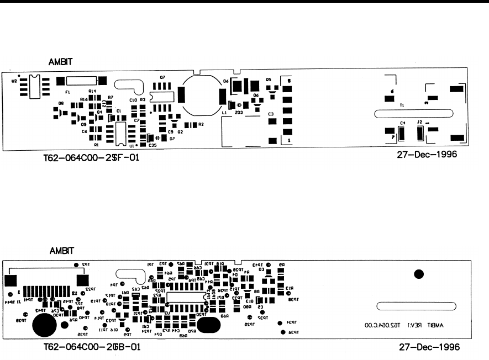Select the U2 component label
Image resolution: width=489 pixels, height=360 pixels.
tap(14, 81)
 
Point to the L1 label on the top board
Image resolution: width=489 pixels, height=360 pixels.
tap(224, 112)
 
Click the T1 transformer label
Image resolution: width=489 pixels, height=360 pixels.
tap(402, 104)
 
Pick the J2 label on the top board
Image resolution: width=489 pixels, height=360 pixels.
tap(420, 122)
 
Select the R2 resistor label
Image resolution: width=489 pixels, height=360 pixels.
tap(201, 125)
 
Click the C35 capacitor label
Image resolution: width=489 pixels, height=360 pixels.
tap(152, 146)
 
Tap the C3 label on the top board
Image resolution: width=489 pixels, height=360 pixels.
tap(271, 114)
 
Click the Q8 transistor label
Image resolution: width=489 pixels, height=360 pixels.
tap(61, 103)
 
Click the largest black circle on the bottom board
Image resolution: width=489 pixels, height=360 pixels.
tap(43, 325)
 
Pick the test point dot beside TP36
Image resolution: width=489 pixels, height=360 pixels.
tap(283, 332)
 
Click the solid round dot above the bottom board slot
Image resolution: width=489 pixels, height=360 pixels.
tap(419, 274)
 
